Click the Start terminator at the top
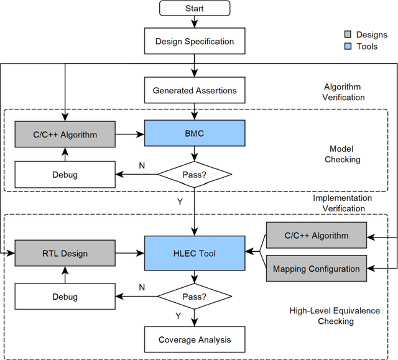click(195, 9)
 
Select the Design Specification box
click(195, 42)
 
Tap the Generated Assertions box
click(195, 90)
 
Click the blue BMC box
click(195, 133)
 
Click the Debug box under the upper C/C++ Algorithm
click(65, 175)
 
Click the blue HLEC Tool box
click(195, 254)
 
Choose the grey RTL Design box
click(65, 254)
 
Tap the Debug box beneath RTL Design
click(65, 296)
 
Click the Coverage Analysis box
click(195, 339)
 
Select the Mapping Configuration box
click(316, 269)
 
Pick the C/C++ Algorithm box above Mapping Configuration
click(316, 236)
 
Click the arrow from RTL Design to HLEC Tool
click(130, 254)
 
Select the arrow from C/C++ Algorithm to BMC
click(130, 133)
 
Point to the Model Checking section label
click(343, 154)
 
